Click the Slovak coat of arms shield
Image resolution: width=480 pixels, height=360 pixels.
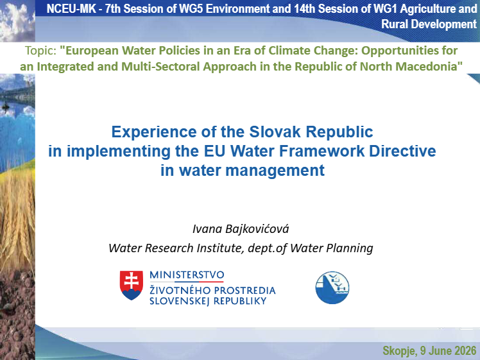point(132,285)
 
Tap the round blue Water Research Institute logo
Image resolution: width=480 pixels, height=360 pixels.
point(332,287)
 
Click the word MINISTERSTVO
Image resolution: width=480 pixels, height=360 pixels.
point(187,275)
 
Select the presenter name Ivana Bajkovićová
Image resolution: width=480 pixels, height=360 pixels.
point(241,228)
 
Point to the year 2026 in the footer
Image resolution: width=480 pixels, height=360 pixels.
point(465,350)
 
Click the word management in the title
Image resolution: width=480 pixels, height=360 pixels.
point(275,171)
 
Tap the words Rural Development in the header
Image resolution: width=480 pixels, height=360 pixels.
point(429,24)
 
